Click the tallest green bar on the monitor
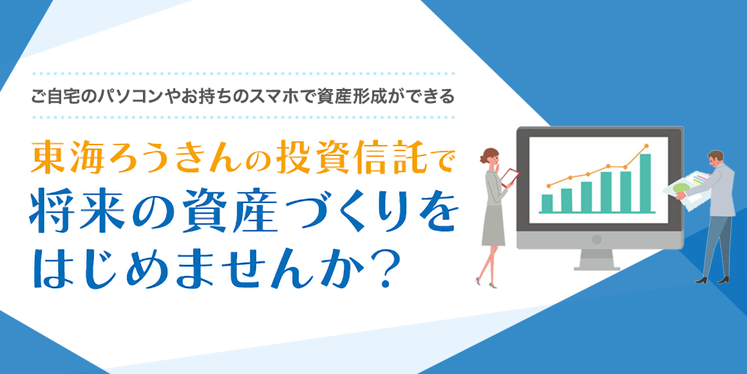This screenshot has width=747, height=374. click(x=645, y=183)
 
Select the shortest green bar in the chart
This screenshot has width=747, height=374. click(x=547, y=203)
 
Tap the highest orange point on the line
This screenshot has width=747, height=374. click(x=647, y=146)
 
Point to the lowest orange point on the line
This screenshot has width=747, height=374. click(x=549, y=186)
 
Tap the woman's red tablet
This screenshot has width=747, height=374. click(x=509, y=177)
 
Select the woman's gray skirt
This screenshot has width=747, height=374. click(x=493, y=228)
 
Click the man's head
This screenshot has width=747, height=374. click(x=715, y=159)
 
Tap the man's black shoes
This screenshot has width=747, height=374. click(x=712, y=280)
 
